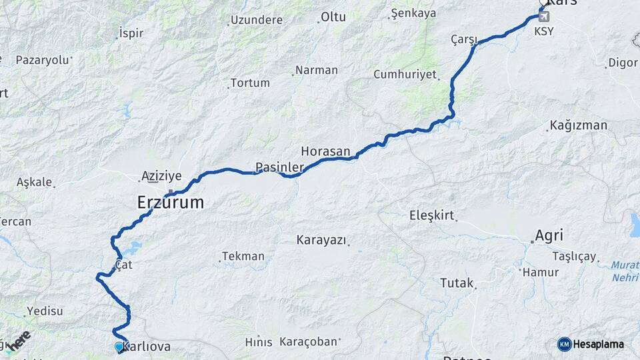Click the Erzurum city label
(170, 202)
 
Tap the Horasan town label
(325, 151)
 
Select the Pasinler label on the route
(279, 167)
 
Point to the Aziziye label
(161, 176)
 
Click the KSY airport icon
(544, 16)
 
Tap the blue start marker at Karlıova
(119, 347)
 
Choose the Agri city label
(549, 235)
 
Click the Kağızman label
(578, 125)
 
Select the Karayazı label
(321, 240)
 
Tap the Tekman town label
(243, 256)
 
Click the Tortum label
(250, 83)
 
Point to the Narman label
(316, 70)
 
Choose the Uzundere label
(257, 20)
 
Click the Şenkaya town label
(413, 13)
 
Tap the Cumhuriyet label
(404, 74)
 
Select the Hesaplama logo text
(598, 344)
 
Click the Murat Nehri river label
(624, 271)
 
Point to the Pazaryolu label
(43, 60)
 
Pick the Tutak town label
(456, 283)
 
